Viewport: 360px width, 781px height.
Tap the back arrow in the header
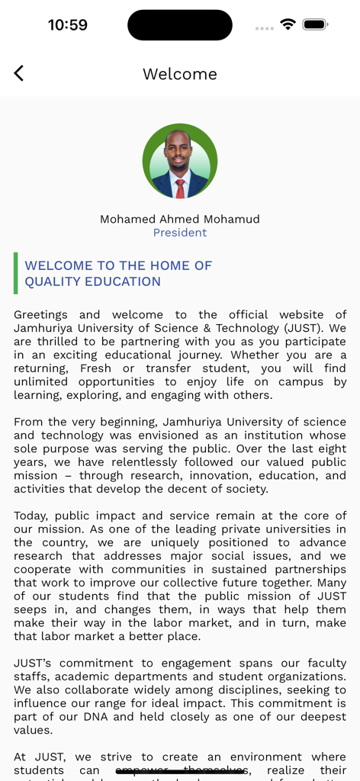pyautogui.click(x=19, y=73)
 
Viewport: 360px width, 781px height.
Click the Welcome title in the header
pyautogui.click(x=180, y=74)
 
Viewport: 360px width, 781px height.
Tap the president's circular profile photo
pyautogui.click(x=180, y=161)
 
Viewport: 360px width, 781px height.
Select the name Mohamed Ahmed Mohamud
pyautogui.click(x=180, y=220)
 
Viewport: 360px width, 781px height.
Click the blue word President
pyautogui.click(x=180, y=233)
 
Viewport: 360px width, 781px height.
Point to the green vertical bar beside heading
pyautogui.click(x=16, y=273)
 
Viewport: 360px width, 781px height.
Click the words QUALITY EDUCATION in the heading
pyautogui.click(x=92, y=281)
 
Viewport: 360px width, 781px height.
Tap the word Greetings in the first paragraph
pyautogui.click(x=41, y=315)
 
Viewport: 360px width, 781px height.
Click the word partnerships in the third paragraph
pyautogui.click(x=311, y=570)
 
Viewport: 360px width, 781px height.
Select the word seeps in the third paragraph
pyautogui.click(x=31, y=610)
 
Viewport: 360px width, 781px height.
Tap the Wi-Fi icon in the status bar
pyautogui.click(x=288, y=24)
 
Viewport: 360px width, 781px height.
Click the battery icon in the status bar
pyautogui.click(x=315, y=24)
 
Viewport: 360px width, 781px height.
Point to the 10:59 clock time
pyautogui.click(x=68, y=25)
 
